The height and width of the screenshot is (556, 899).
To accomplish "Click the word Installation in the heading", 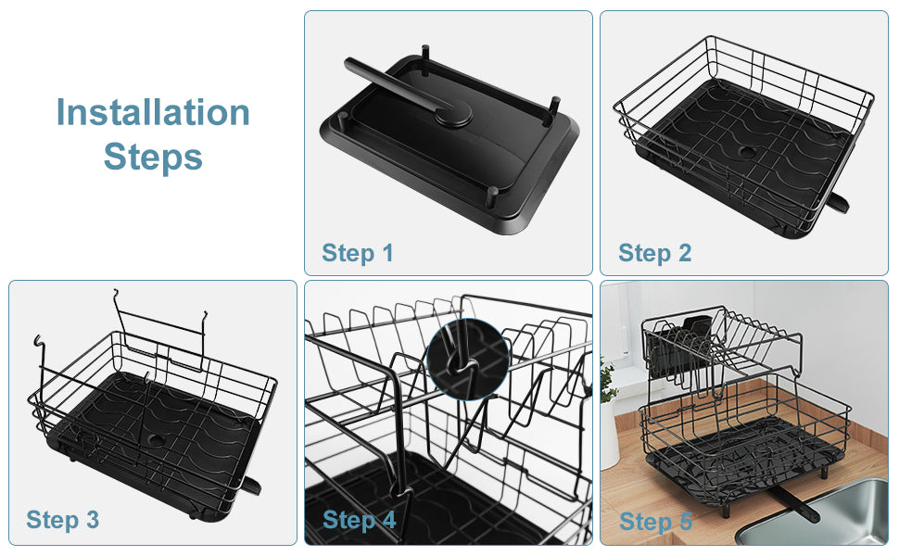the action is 153,112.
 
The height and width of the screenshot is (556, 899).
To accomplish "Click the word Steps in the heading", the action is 153,157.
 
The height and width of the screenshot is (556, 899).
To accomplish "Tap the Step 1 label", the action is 357,253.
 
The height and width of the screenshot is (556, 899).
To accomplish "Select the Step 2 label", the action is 654,253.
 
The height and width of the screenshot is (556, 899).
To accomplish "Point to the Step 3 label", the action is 62,521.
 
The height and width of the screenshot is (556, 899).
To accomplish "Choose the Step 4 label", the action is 359,521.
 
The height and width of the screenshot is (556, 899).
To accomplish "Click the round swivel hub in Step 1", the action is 453,113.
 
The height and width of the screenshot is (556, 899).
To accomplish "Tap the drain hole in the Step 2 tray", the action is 746,152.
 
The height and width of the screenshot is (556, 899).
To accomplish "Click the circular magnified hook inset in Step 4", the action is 468,360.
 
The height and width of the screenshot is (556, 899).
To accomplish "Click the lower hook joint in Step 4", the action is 404,493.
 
